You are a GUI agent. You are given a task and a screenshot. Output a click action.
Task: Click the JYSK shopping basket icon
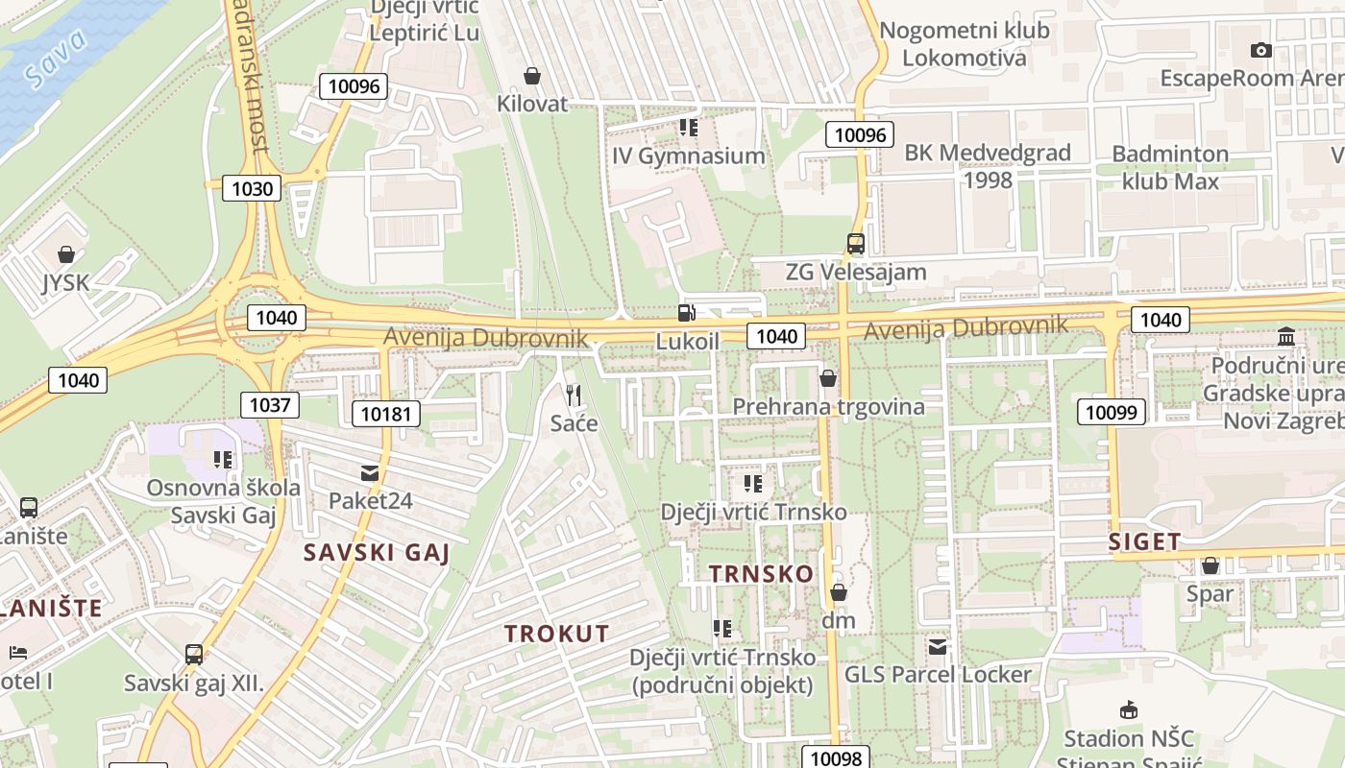(66, 254)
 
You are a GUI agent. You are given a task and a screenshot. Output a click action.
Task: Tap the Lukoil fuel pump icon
(686, 312)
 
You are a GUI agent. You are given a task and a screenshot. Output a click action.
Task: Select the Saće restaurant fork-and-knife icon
(574, 395)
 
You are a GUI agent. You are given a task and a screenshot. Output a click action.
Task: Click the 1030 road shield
(252, 188)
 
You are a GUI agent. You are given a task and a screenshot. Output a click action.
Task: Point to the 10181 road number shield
(386, 414)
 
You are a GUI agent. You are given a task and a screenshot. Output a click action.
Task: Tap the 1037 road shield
(269, 404)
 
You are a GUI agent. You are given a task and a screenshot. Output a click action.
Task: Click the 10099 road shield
(1112, 413)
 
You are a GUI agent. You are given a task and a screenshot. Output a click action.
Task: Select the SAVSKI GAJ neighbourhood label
(377, 553)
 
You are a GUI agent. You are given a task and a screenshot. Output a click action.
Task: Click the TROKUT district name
(557, 634)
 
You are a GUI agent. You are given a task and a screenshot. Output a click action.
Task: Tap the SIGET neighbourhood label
(1144, 541)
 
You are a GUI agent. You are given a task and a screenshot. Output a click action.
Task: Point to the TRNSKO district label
(761, 574)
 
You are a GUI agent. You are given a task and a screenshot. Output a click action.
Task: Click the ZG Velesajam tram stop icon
(855, 244)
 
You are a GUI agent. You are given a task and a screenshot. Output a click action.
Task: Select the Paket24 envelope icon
(370, 472)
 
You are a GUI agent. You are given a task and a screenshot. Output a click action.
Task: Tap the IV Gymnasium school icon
(688, 127)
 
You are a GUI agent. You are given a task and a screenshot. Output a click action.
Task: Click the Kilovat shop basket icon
(531, 75)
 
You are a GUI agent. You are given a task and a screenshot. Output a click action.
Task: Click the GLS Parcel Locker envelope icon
(938, 647)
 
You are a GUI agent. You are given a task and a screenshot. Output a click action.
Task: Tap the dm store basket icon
(839, 592)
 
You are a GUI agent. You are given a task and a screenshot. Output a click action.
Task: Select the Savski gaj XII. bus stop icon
(193, 655)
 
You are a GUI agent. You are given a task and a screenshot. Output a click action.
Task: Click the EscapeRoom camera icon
(1261, 50)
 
